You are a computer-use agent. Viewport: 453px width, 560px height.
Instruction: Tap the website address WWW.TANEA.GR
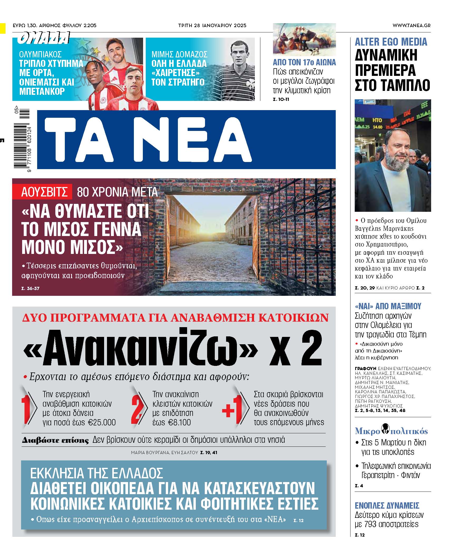coord(411,26)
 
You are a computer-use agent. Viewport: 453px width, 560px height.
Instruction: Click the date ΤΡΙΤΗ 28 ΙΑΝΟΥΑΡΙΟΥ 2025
coord(212,26)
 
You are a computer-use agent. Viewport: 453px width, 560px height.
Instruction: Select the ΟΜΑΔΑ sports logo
coord(44,38)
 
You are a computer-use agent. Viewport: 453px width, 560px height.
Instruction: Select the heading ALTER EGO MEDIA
coord(391,42)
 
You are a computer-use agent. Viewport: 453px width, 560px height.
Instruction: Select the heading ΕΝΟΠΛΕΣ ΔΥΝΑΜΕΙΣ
coord(387,505)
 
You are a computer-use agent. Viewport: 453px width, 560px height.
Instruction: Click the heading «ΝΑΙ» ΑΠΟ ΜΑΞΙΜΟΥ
coord(388,306)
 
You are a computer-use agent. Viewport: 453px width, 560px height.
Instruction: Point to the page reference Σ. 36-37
coord(30,288)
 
